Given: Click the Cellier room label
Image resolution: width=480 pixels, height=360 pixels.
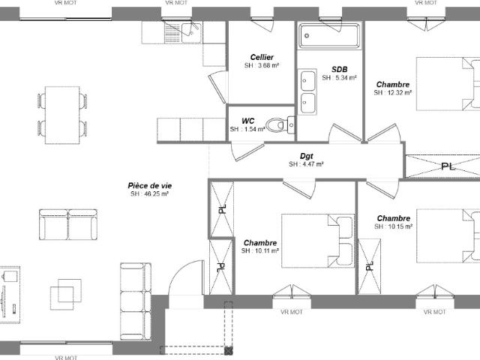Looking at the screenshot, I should coord(262,57).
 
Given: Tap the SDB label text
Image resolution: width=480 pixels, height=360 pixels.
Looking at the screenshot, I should coord(339,68).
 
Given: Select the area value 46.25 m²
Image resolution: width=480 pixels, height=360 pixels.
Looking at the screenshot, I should coord(149,194).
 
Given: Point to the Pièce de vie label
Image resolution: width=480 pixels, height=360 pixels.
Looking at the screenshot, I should coord(149,185).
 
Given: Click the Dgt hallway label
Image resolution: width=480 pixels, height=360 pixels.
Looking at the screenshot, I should coord(306,156).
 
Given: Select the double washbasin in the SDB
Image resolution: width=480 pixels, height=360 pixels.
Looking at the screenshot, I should coord(307,91).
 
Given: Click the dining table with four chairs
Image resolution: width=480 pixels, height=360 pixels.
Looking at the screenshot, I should coord(61,114).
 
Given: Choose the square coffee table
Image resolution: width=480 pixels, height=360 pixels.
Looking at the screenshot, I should coord(66,292).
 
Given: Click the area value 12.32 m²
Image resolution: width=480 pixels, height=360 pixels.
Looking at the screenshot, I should coord(393,94).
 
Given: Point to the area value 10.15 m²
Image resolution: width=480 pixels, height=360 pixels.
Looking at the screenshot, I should coord(393,226).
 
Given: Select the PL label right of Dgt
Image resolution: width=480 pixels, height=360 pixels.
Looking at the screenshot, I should coord(447,166).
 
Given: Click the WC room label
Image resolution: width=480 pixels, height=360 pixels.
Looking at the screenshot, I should coord(247,121).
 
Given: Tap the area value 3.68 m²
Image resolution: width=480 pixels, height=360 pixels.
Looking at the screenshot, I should coord(262,66).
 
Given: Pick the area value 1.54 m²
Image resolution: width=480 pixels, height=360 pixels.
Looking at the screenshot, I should coord(247,130).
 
